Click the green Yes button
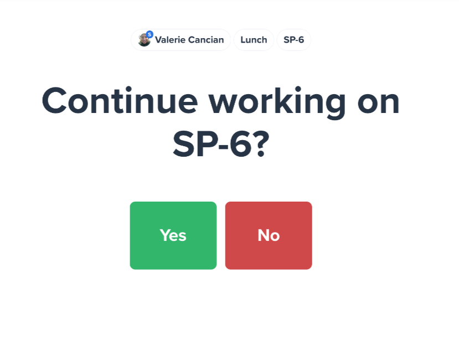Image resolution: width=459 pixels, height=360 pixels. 173,235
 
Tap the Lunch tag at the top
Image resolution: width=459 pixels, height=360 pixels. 254,40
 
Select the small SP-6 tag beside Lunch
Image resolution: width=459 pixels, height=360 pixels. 293,40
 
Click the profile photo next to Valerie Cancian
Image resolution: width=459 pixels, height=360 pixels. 145,40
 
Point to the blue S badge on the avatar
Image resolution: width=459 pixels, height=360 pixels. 149,34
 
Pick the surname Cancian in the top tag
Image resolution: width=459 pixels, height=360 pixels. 206,39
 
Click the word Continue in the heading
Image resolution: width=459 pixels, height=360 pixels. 120,100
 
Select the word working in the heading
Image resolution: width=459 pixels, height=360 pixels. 277,102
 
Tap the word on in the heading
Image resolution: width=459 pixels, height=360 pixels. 379,103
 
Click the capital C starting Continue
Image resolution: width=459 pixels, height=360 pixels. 54,100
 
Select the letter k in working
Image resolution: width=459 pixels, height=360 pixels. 283,100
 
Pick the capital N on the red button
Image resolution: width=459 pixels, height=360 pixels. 263,235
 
